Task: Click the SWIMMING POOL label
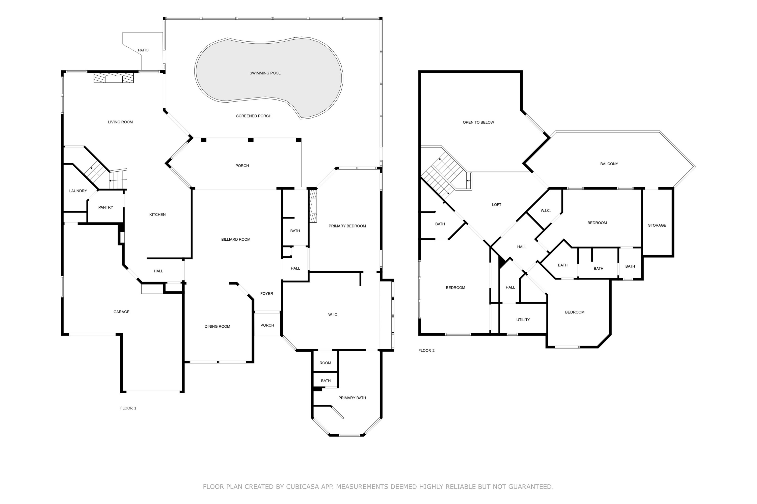265,73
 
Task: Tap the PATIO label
143,50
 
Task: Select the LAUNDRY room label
78,191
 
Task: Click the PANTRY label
105,207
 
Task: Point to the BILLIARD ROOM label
236,239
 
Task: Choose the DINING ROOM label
217,327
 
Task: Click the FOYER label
266,294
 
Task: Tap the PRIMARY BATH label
352,398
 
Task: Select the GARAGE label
121,312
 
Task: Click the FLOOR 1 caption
128,408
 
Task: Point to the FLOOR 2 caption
426,351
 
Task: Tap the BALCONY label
609,164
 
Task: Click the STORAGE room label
657,225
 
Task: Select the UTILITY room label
523,320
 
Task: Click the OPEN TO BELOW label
478,122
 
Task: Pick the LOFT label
496,205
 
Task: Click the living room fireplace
114,78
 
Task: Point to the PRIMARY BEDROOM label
347,226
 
